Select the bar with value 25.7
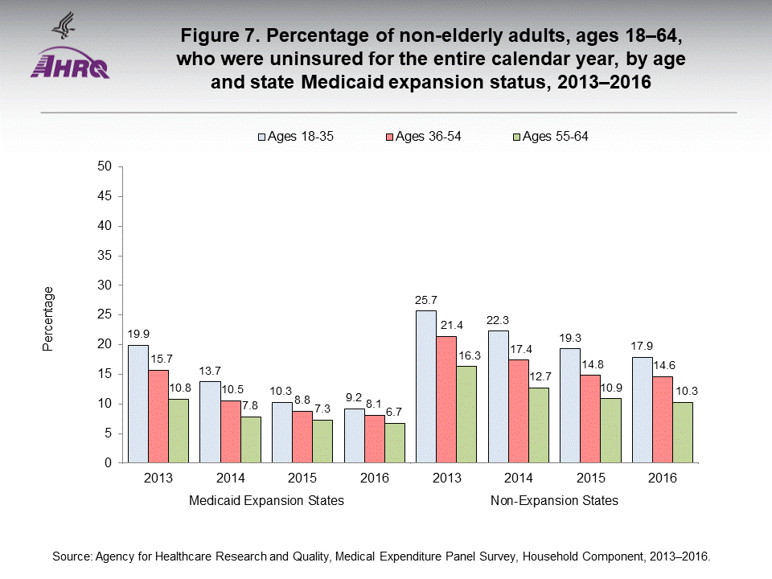pos(425,387)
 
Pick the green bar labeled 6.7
pos(395,443)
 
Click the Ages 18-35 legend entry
pos(294,137)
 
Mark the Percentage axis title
pos(48,318)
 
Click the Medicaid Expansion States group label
pos(266,501)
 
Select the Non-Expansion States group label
pos(554,501)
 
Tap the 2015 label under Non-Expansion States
pos(590,478)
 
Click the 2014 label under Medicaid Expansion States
pos(230,478)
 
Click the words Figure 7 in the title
pos(222,37)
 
